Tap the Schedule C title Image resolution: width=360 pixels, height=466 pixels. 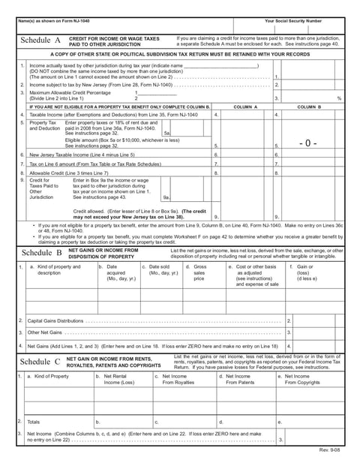40,361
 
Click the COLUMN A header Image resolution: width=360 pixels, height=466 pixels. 244,107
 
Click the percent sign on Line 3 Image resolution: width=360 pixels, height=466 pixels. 339,98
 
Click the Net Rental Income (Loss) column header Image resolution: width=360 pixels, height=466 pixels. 115,379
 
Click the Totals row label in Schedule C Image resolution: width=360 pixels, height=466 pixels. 34,422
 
